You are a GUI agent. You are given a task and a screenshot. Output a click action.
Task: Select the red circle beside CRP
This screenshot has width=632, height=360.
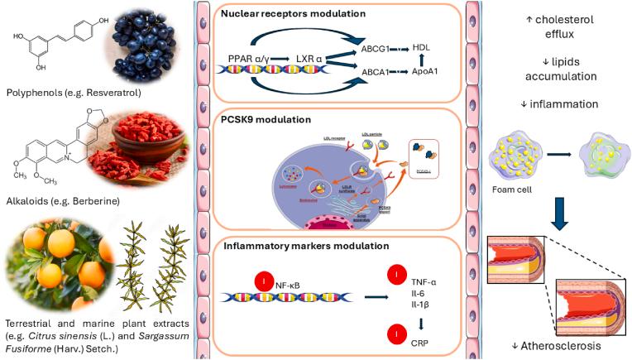click(402, 336)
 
